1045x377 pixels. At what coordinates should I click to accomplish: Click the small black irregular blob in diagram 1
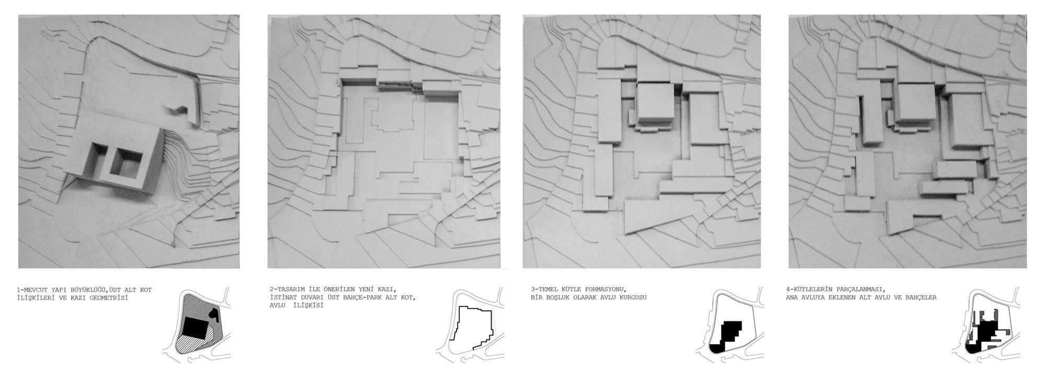point(214,312)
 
